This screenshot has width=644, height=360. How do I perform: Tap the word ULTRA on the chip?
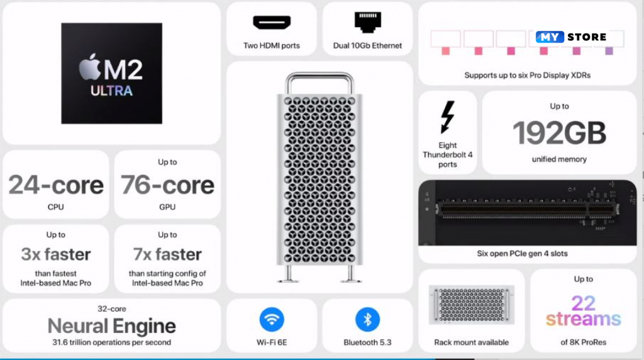click(x=111, y=91)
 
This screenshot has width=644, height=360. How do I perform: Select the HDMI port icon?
click(x=272, y=23)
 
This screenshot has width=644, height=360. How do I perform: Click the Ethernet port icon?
click(x=367, y=22)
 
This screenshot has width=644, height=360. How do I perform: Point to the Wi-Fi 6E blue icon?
click(x=272, y=320)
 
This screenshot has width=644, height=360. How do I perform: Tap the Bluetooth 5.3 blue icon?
click(x=367, y=320)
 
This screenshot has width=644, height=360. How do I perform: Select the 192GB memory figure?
click(x=559, y=133)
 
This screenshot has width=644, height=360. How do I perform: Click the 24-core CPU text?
click(x=56, y=185)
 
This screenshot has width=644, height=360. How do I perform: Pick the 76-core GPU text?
click(x=167, y=185)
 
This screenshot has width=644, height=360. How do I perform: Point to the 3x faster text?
click(x=56, y=254)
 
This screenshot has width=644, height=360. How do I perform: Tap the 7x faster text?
click(x=167, y=254)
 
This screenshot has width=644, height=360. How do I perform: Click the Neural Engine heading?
click(x=112, y=326)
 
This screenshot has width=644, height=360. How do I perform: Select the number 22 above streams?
click(x=583, y=303)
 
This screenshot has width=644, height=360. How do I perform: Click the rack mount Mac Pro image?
click(x=471, y=305)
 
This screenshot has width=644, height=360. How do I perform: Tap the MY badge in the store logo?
click(x=549, y=37)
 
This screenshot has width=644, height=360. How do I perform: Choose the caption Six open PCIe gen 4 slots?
click(x=522, y=254)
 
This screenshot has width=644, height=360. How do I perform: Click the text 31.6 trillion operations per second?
click(x=112, y=342)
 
